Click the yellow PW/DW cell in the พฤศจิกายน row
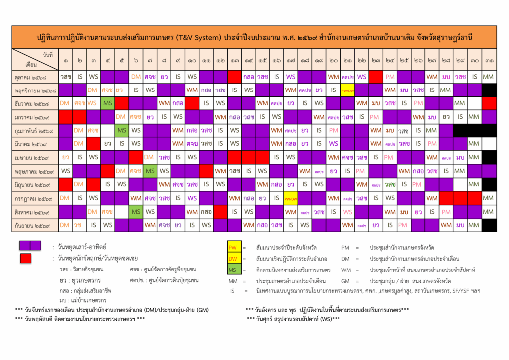(x=347, y=90)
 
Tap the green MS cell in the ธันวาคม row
(x=107, y=103)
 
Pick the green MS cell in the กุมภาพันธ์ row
(x=122, y=131)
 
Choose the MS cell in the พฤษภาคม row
(x=150, y=171)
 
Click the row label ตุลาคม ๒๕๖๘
(x=35, y=77)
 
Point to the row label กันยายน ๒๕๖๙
(x=35, y=225)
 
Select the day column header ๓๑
(x=489, y=61)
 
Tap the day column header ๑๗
(x=291, y=61)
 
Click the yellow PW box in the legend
(x=232, y=247)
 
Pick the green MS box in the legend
(x=232, y=270)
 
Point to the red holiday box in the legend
(x=26, y=258)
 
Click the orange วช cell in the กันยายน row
(x=78, y=225)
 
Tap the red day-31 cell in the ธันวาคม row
(x=489, y=103)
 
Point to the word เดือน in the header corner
(x=31, y=65)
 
